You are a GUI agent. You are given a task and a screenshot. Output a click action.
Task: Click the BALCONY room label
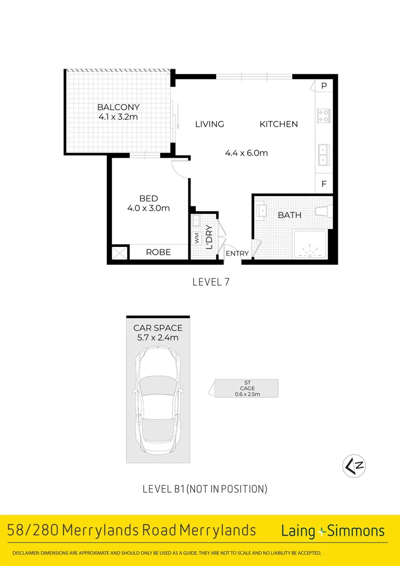point(118,107)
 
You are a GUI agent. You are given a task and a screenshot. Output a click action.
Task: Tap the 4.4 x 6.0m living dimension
point(246,153)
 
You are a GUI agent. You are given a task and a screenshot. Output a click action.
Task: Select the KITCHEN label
point(279,124)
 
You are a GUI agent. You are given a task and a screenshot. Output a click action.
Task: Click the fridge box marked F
point(324,184)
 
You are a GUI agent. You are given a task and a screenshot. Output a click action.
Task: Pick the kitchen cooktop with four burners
point(323,115)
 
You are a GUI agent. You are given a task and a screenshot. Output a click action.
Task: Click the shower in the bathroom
point(312,245)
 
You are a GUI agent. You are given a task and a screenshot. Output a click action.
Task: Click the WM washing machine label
point(197,238)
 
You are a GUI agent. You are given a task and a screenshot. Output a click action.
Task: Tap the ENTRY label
point(237,254)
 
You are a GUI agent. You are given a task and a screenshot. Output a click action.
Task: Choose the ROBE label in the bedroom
point(158,252)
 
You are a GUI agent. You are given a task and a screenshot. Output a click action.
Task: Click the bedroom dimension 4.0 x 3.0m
point(149,208)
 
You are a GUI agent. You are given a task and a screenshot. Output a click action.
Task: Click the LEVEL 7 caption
point(211,282)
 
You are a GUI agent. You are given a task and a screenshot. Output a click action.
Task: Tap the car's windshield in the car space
point(157,387)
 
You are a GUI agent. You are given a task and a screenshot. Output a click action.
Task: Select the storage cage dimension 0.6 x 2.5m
point(246,393)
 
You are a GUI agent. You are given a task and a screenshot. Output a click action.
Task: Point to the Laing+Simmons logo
point(333,530)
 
